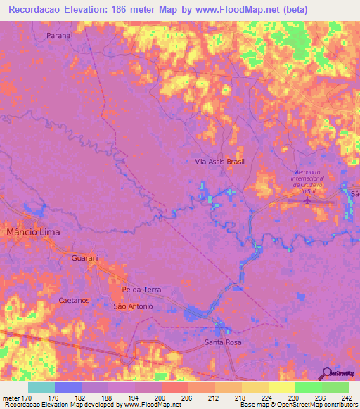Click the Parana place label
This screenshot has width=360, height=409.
59,34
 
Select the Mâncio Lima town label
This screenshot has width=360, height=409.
33,231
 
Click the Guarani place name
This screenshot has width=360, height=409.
84,259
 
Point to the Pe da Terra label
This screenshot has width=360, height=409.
141,290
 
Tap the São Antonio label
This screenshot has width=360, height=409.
133,306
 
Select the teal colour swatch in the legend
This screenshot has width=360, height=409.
41,387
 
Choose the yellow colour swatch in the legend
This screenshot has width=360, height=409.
281,387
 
